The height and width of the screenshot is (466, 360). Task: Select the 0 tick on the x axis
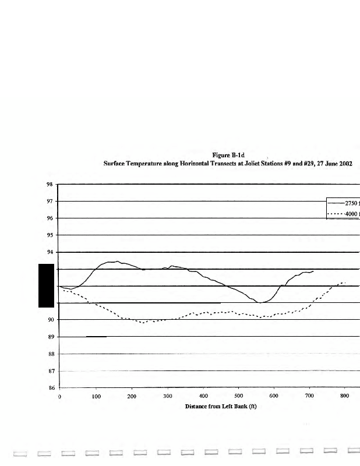click(x=59, y=396)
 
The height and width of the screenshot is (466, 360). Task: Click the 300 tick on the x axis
click(x=167, y=396)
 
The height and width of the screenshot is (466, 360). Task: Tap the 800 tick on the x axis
click(x=344, y=396)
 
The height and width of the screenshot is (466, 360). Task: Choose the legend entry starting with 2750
click(x=346, y=204)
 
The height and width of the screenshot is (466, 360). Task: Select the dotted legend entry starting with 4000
click(x=346, y=214)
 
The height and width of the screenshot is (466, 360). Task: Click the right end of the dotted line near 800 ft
click(x=345, y=283)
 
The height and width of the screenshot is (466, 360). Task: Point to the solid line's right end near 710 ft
click(x=313, y=271)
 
